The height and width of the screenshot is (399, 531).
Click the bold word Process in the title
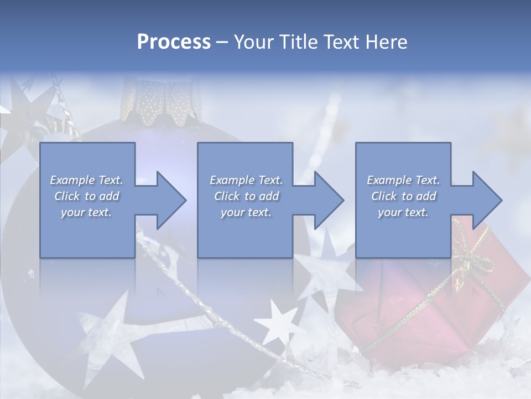(174, 42)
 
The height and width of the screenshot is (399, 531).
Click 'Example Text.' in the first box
(86, 180)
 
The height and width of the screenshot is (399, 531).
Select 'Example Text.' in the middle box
(246, 180)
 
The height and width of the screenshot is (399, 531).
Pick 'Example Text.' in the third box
(403, 180)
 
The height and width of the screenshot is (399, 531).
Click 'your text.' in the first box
(86, 212)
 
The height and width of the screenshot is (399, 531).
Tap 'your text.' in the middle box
(246, 212)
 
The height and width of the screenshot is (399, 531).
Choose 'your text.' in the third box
(403, 212)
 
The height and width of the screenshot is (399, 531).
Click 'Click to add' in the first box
(86, 196)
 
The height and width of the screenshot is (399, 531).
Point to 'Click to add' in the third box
(403, 196)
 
